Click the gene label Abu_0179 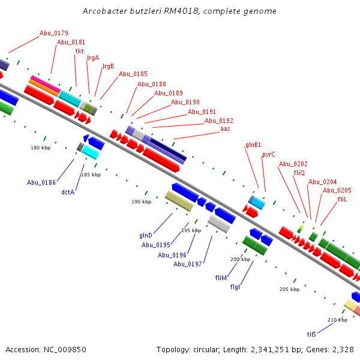click(54, 33)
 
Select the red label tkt click(79, 51)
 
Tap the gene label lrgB click(108, 66)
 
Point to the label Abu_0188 click(152, 84)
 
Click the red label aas click(225, 129)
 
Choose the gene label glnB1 click(253, 145)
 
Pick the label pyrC click(269, 154)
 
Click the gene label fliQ click(299, 173)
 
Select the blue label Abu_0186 click(41, 182)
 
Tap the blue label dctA click(68, 193)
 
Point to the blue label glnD click(146, 236)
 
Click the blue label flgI click(235, 287)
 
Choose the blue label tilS click(311, 334)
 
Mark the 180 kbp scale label click(40, 147)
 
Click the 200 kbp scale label click(241, 259)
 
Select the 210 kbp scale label click(337, 320)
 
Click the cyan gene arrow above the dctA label click(91, 152)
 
